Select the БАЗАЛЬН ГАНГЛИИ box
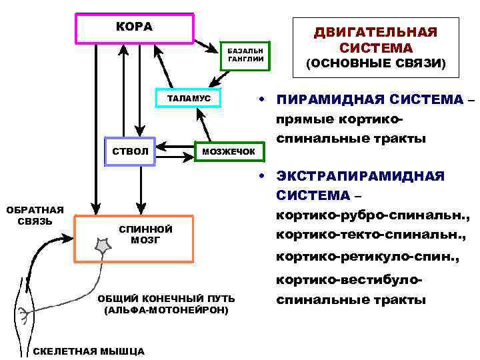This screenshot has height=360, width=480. [246, 55]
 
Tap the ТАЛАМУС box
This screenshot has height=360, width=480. [189, 99]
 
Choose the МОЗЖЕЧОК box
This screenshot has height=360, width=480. [229, 152]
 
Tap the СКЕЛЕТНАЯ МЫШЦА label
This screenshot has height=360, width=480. [88, 351]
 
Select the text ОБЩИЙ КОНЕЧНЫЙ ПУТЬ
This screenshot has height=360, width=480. [165, 299]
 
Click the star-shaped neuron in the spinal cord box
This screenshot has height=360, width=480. [105, 247]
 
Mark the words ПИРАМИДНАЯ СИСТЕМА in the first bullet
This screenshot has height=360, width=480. [370, 100]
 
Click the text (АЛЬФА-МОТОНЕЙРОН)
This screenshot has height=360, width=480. [166, 311]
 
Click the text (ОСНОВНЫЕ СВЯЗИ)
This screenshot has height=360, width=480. [375, 64]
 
